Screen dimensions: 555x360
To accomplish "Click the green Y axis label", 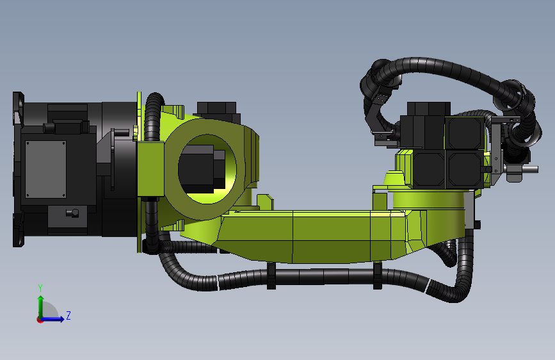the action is click(40, 288).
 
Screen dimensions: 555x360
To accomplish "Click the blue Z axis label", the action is click(68, 315).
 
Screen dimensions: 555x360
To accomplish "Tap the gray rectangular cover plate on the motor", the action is click(45, 169).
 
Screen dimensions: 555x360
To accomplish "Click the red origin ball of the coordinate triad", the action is click(40, 320).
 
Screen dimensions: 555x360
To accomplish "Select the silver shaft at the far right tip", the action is click(530, 169).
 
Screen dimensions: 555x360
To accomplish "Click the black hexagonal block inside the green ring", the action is click(202, 168).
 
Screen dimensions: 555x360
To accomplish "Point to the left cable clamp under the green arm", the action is click(271, 275).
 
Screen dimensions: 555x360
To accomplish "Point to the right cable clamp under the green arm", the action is click(377, 275).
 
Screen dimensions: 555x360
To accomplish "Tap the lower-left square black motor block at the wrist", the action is click(429, 169).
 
